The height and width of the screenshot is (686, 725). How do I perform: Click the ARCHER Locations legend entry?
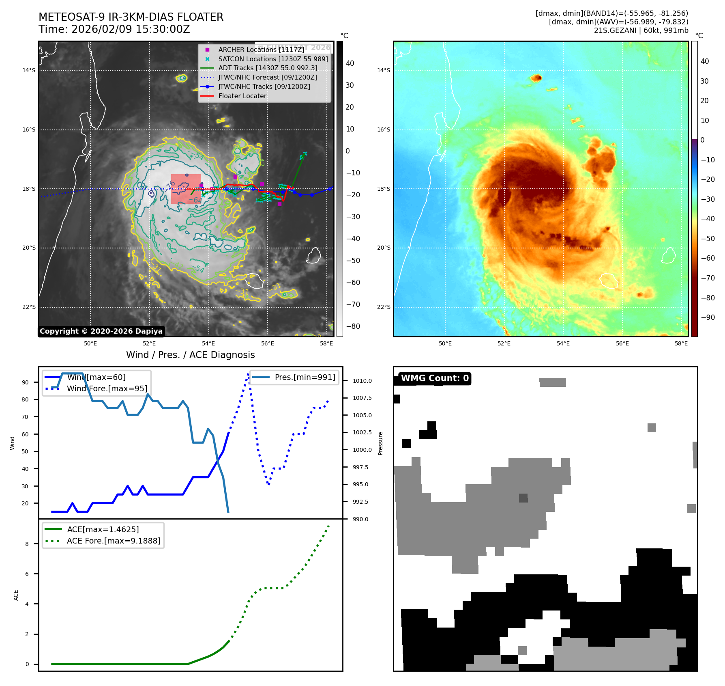[x=261, y=50]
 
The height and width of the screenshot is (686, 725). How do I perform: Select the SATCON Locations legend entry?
[x=273, y=59]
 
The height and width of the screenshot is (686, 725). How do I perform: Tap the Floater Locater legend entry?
[x=242, y=96]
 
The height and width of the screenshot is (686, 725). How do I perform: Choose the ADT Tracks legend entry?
[x=268, y=68]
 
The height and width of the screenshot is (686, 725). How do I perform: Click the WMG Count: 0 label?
[x=435, y=378]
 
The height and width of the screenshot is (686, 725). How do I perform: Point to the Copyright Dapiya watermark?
[x=101, y=331]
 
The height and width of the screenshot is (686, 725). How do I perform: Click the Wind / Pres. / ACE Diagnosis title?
[x=191, y=355]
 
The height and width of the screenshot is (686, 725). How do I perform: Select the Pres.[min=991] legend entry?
[x=305, y=377]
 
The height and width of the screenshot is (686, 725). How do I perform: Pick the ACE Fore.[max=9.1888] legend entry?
[x=114, y=541]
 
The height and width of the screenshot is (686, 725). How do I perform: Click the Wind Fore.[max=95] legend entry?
[x=107, y=388]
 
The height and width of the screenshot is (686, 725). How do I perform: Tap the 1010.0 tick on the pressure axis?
[x=362, y=381]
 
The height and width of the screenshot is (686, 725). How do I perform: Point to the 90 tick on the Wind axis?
[x=26, y=382]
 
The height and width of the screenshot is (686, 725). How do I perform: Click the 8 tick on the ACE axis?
[x=27, y=544]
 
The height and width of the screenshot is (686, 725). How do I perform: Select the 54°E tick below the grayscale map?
[x=208, y=343]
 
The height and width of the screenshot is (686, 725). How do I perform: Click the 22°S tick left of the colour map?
[x=384, y=307]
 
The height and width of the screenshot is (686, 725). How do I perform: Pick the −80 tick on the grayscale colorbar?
[x=353, y=326]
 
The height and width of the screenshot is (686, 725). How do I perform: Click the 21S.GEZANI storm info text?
[x=641, y=30]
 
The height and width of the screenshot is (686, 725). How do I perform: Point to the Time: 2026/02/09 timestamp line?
[x=114, y=29]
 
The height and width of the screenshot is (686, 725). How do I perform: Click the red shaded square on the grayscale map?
[x=186, y=189]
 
